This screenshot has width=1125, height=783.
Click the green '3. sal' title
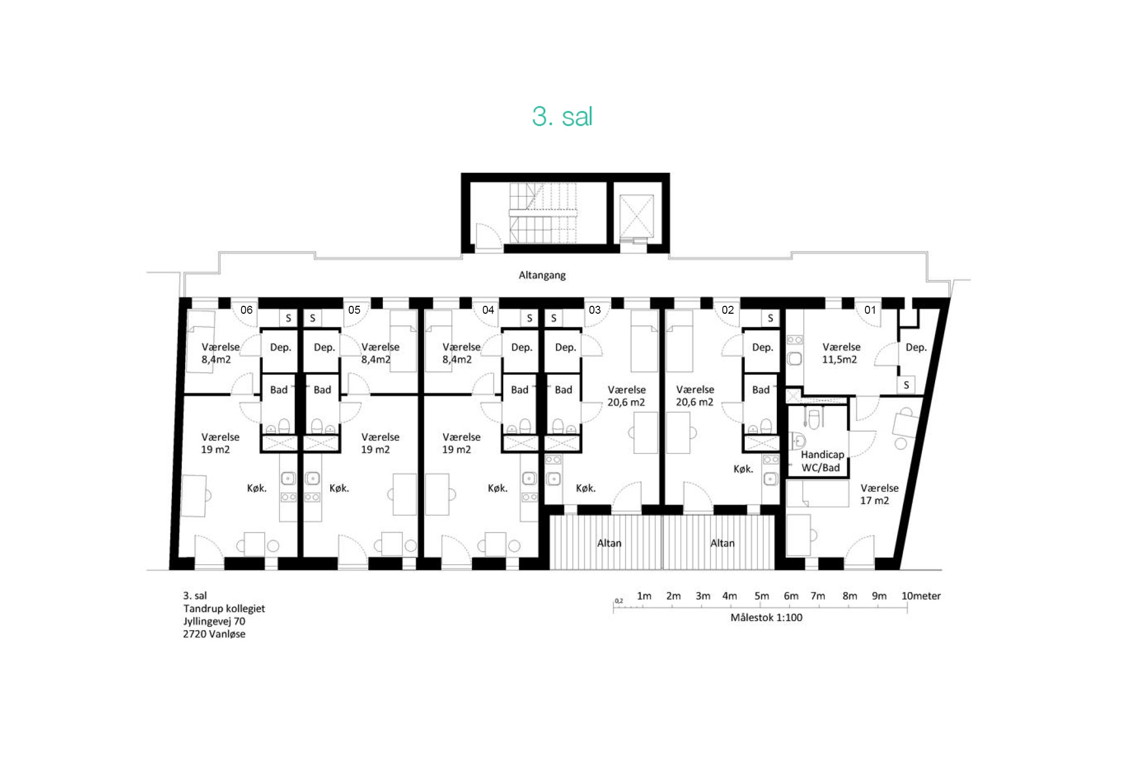(x=562, y=116)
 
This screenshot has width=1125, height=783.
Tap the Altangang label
(x=542, y=275)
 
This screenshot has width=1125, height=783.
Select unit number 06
(x=246, y=310)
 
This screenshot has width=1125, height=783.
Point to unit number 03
(x=594, y=310)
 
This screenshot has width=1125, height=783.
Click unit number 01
(x=870, y=310)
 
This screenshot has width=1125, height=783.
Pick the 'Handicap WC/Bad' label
(x=822, y=461)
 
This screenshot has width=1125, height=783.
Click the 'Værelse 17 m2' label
(x=879, y=494)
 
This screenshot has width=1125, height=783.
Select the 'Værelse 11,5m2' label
(x=841, y=353)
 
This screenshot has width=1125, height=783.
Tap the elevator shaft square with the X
(x=636, y=216)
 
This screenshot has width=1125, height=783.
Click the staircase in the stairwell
(x=543, y=212)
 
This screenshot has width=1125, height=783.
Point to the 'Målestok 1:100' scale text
(x=766, y=617)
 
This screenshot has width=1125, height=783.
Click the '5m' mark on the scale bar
(x=761, y=596)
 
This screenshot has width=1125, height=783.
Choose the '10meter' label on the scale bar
(x=920, y=596)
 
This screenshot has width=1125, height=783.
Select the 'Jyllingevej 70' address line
(x=214, y=621)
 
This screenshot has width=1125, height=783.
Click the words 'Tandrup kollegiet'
(x=224, y=608)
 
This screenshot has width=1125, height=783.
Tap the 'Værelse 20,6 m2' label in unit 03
(x=626, y=396)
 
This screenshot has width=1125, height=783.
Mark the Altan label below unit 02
(x=722, y=543)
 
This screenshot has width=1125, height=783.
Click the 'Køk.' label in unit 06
(x=257, y=488)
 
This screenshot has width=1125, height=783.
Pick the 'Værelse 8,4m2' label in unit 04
(x=461, y=353)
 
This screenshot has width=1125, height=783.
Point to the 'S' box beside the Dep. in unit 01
(x=906, y=385)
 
